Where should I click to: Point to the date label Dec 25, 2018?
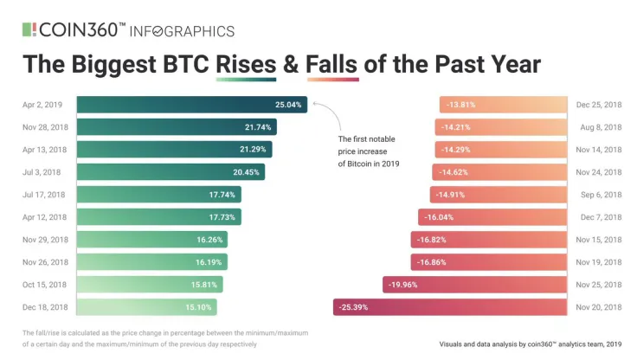tap(599, 105)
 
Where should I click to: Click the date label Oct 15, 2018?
tap(44, 284)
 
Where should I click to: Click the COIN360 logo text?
tap(82, 29)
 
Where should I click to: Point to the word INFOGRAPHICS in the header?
tap(182, 31)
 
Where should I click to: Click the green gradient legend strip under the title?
tap(247, 80)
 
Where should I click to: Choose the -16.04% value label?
tap(436, 216)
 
